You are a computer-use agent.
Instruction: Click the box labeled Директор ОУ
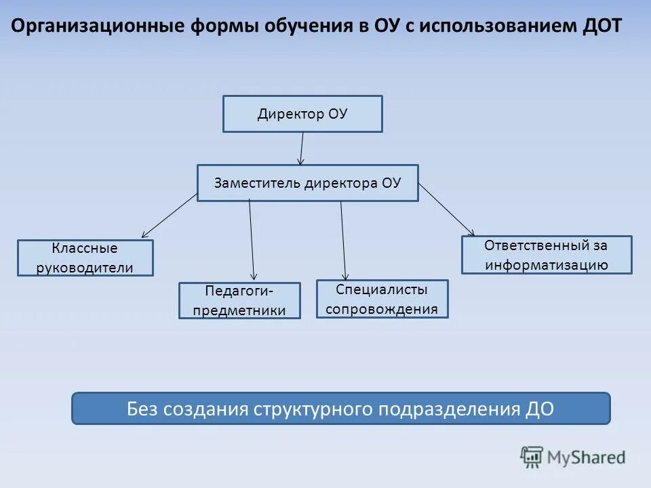302,114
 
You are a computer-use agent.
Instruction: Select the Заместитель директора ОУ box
307,183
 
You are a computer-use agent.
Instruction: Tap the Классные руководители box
85,258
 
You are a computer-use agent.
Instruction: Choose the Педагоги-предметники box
239,301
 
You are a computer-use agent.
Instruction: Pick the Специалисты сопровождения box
382,299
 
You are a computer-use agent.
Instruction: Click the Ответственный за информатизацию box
546,255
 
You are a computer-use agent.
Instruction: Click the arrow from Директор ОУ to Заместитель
302,148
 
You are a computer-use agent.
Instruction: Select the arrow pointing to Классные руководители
170,216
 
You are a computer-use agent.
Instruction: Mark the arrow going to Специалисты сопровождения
343,241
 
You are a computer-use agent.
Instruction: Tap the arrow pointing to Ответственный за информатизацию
446,209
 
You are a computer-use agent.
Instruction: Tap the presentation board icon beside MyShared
532,457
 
